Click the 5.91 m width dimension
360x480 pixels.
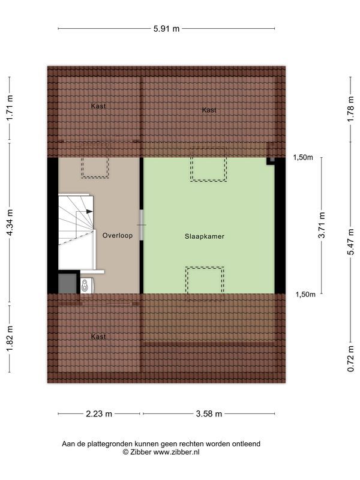166,28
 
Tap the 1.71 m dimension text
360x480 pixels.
10,109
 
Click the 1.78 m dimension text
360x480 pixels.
350,109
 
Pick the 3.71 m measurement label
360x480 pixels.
322,225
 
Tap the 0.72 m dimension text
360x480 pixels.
350,358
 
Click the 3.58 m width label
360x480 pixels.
208,413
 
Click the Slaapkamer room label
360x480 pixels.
204,236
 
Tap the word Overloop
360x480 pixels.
117,236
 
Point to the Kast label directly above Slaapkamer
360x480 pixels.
209,110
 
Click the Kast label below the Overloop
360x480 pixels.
99,337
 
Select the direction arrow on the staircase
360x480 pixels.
88,212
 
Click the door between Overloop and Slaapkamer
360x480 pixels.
142,225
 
